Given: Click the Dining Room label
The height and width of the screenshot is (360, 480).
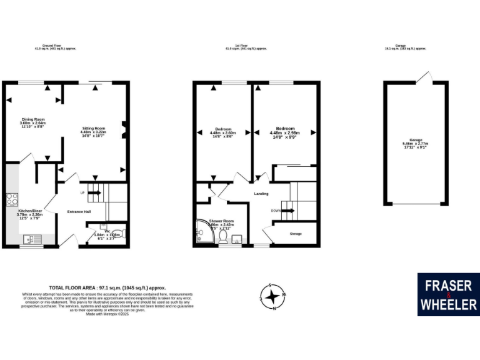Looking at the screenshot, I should (x=33, y=119).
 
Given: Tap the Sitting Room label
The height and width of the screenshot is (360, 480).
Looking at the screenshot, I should (x=94, y=127).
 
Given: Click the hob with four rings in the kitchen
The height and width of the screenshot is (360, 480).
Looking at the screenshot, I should (x=12, y=199).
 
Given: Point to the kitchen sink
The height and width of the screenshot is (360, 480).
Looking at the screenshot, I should (x=30, y=239).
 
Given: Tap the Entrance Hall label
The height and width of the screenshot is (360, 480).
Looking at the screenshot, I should (x=79, y=212).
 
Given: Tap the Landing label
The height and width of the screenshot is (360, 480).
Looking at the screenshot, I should (x=261, y=194).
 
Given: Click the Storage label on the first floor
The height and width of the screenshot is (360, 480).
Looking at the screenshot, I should (x=296, y=234).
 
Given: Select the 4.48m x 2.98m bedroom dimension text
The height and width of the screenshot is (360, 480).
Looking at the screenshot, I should (x=283, y=132).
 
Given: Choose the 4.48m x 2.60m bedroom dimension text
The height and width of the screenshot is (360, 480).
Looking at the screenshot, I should (x=222, y=132).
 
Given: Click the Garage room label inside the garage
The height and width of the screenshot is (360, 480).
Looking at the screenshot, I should (x=416, y=140).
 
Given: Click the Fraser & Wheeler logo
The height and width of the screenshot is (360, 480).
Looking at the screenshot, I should (x=448, y=294).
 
